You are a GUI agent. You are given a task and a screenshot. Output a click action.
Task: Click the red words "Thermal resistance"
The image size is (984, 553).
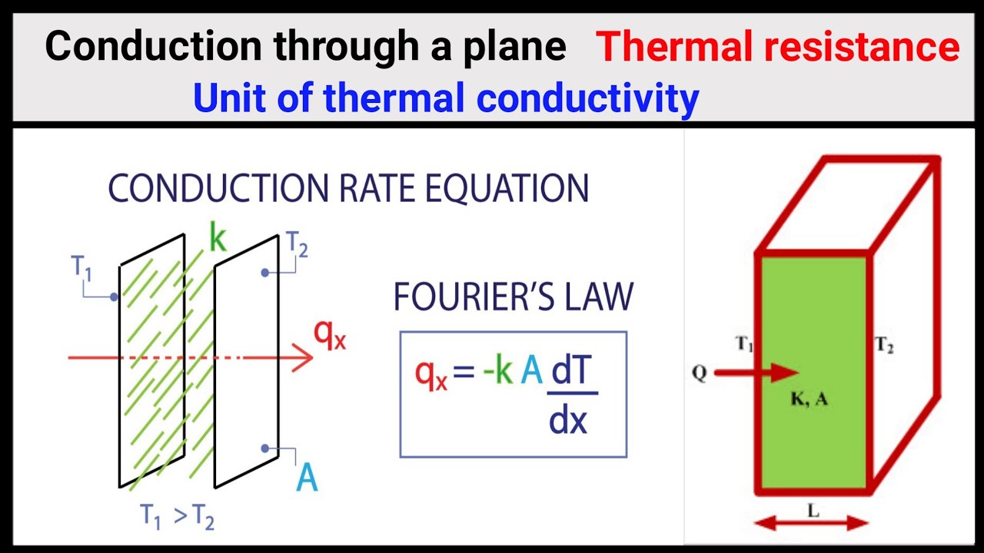[777, 48]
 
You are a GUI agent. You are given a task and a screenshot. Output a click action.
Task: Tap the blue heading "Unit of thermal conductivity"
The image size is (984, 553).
[446, 98]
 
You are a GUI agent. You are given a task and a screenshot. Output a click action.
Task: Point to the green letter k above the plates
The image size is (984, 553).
[218, 240]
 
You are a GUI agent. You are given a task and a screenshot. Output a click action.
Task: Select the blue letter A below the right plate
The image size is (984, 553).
[307, 478]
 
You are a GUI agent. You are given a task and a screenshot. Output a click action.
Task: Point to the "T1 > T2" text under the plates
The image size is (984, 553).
[177, 516]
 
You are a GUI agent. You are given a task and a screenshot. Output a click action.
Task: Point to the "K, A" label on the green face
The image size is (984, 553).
[808, 399]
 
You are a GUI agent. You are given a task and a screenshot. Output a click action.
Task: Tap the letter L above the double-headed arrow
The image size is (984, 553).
[811, 511]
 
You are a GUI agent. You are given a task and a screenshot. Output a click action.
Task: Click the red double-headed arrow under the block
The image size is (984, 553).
[811, 524]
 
